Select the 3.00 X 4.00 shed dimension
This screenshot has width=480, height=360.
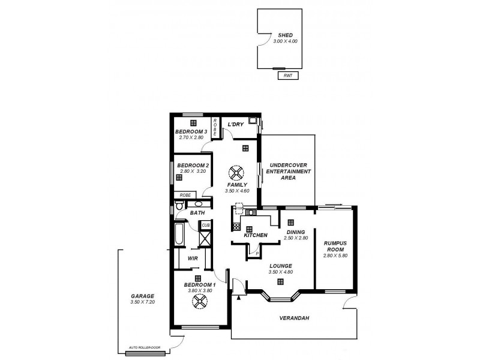284,41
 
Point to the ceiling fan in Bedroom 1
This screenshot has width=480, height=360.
199,302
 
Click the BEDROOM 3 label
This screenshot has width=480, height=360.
191,131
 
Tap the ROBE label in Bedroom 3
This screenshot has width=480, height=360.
215,127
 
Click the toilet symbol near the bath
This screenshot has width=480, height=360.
175,208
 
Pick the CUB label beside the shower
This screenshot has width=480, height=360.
205,225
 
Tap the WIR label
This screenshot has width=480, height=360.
193,258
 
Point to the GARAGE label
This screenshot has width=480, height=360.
142,296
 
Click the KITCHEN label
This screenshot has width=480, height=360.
255,235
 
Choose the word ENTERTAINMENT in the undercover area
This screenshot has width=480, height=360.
290,171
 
